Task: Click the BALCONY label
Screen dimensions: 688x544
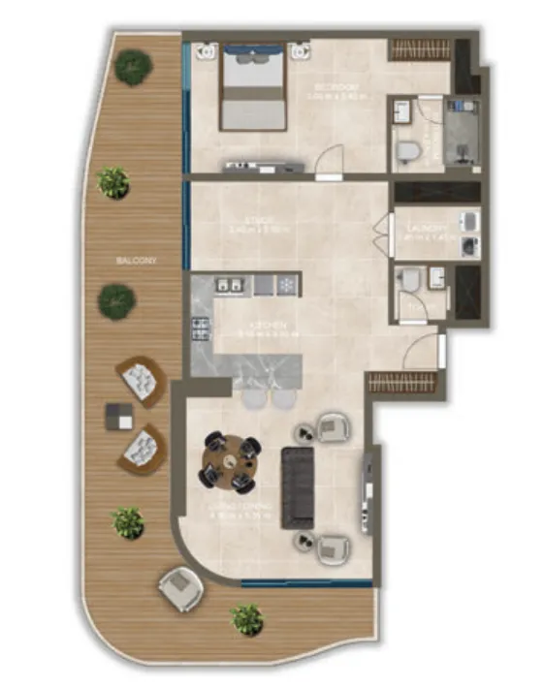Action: pyautogui.click(x=137, y=261)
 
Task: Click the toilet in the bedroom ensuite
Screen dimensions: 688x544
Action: pyautogui.click(x=408, y=151)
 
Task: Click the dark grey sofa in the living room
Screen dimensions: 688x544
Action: pyautogui.click(x=298, y=486)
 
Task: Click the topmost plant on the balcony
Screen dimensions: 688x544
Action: pyautogui.click(x=133, y=67)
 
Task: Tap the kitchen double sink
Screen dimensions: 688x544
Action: pyautogui.click(x=230, y=286)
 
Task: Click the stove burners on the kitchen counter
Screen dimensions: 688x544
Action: pyautogui.click(x=201, y=331)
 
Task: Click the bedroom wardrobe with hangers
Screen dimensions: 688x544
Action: pyautogui.click(x=419, y=48)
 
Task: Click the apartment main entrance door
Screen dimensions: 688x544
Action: pyautogui.click(x=423, y=349)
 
